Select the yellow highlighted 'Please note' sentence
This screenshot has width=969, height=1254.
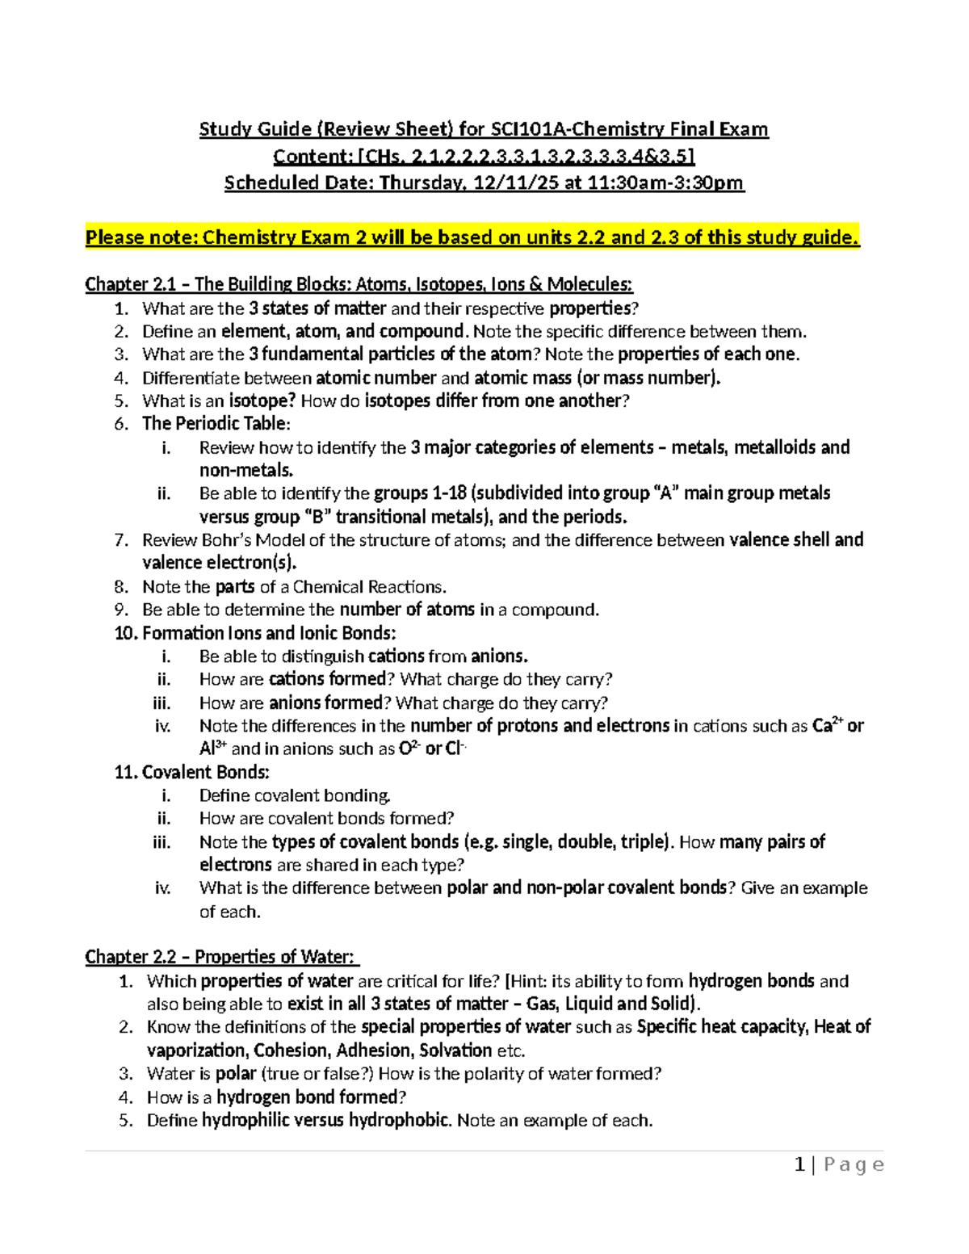tap(472, 237)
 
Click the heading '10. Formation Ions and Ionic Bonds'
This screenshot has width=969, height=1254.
tap(255, 633)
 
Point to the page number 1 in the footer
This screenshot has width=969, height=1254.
tap(799, 1165)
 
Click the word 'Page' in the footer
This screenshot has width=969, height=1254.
tap(854, 1165)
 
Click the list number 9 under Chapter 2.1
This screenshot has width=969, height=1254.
tap(121, 610)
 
